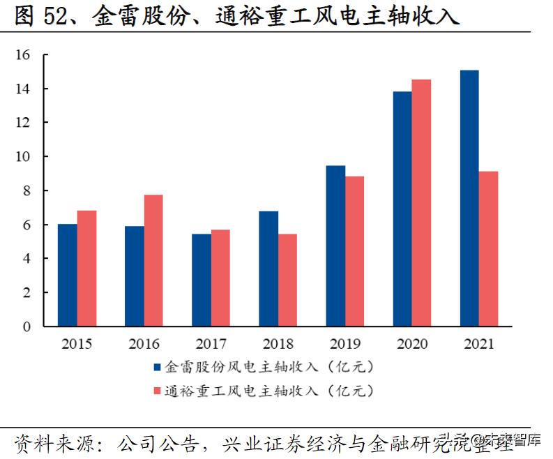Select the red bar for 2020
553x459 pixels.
pos(421,203)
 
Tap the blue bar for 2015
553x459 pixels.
pos(67,275)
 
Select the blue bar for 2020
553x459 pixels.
pos(402,209)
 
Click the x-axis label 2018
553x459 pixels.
pos(278,344)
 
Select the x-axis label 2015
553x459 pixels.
pos(76,344)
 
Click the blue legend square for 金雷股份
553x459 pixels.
pos(157,366)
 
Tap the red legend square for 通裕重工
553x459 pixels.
pos(157,391)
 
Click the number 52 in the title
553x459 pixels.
pos(58,15)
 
